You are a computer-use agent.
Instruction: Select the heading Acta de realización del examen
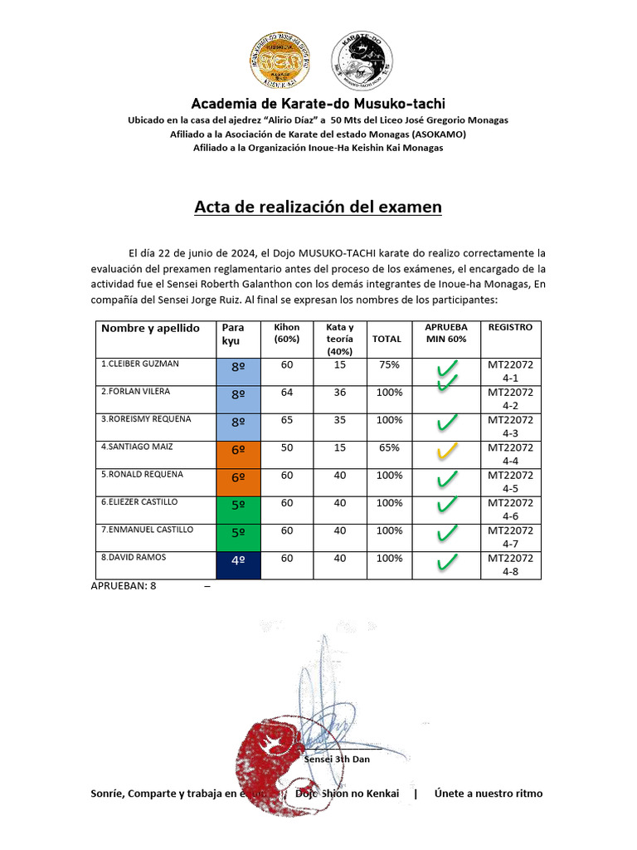[x=318, y=207]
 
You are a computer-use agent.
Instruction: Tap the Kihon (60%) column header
[x=287, y=333]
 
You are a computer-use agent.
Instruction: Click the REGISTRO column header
[x=510, y=328]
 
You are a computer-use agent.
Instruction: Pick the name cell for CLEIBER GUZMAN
[x=156, y=371]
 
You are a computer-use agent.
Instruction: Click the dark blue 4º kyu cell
[x=238, y=564]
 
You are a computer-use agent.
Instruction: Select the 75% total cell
[x=389, y=364]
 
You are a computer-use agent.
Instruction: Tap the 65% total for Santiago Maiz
[x=389, y=447]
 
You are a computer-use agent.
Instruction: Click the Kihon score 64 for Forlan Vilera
[x=287, y=392]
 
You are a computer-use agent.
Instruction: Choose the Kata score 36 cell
[x=340, y=392]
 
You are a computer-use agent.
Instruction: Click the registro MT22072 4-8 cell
[x=510, y=564]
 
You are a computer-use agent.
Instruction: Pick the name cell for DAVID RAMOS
[x=156, y=564]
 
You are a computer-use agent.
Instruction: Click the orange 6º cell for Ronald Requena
[x=238, y=481]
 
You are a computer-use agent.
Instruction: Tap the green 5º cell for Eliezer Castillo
[x=238, y=509]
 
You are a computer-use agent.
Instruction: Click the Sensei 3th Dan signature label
[x=337, y=759]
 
